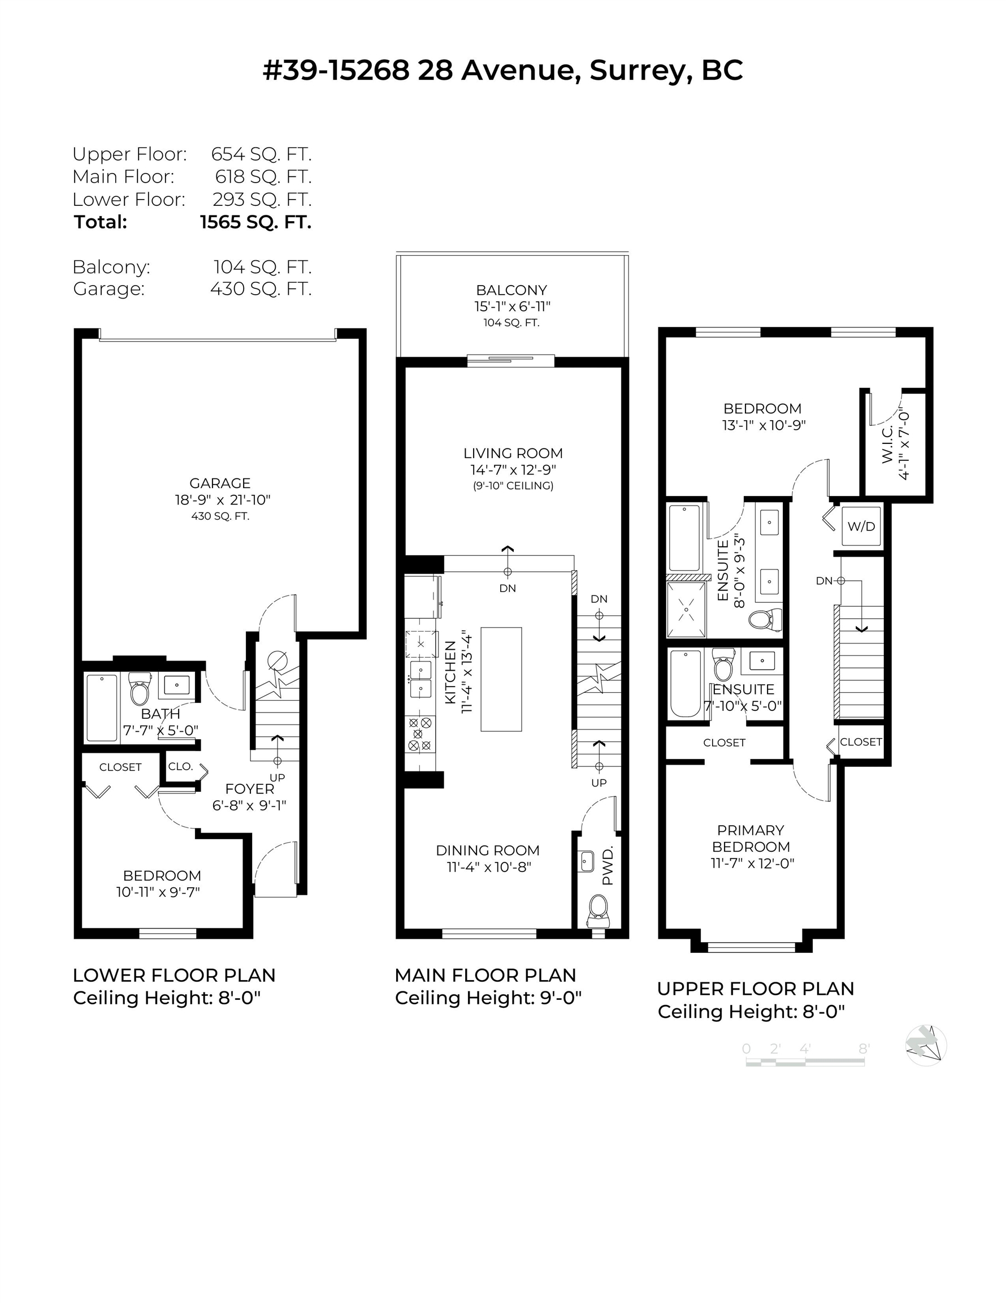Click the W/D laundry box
[861, 525]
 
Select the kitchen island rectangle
[501, 679]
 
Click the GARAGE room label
[220, 484]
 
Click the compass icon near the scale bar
[926, 1045]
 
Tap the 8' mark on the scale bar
[864, 1049]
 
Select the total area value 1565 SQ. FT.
[256, 222]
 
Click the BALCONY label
[511, 290]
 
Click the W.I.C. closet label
[887, 444]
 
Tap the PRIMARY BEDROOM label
[751, 838]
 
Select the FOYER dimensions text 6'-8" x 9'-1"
[249, 805]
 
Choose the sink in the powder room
[586, 861]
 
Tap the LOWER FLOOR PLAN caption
[174, 975]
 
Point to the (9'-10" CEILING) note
[513, 486]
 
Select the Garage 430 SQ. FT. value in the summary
[261, 289]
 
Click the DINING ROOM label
[488, 850]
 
